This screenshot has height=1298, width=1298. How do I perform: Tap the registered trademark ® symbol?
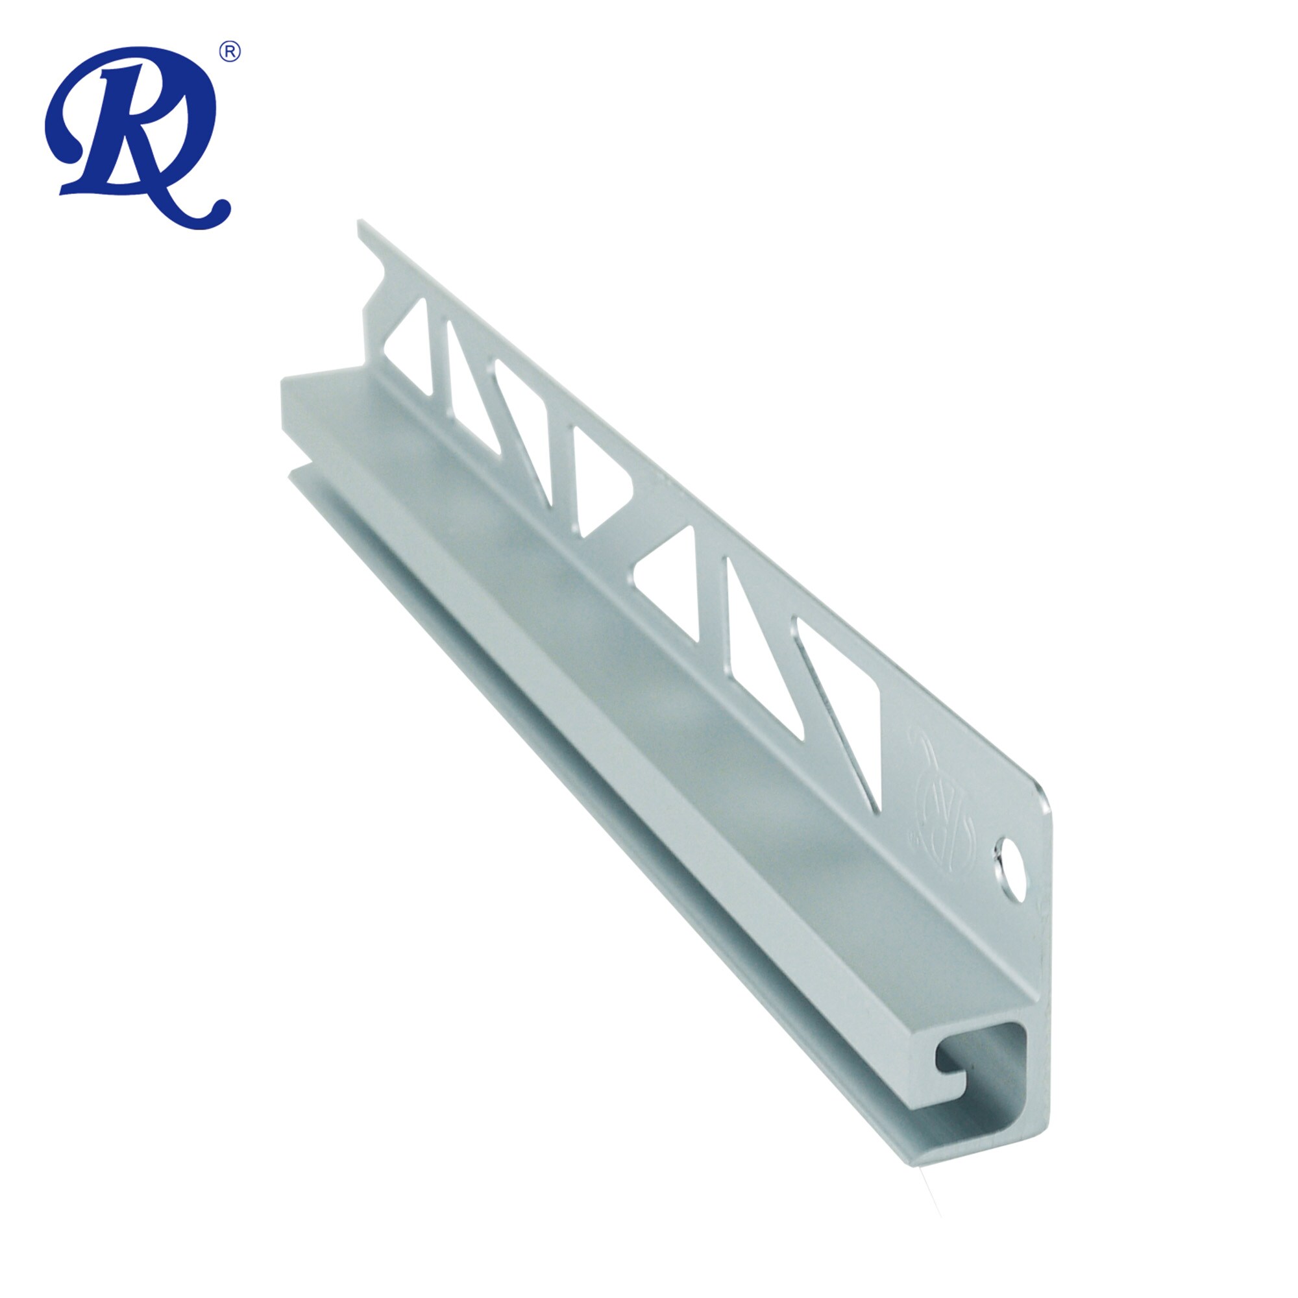230,52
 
